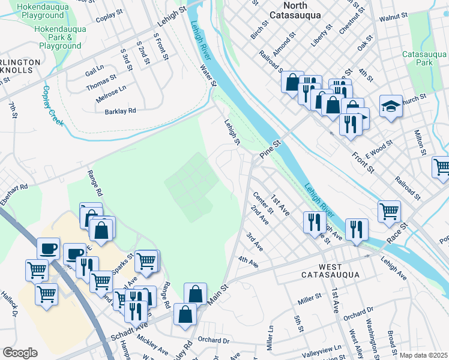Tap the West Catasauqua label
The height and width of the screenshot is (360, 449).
pos(330,271)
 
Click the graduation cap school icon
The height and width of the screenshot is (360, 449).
pos(391,107)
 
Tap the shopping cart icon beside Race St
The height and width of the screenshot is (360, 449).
pos(389,211)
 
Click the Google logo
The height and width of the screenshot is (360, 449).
pos(20,353)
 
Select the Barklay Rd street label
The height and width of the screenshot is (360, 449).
pos(121,111)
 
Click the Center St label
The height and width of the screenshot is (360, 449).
pos(263,202)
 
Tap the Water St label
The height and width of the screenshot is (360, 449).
pos(208,76)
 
